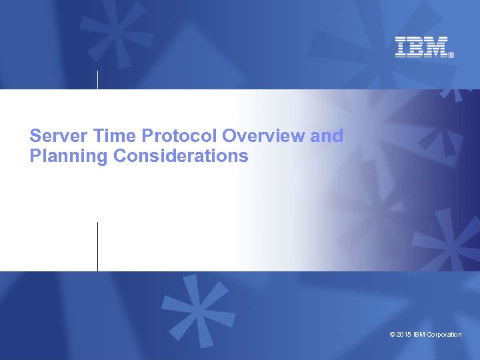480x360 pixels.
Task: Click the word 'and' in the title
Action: click(x=327, y=136)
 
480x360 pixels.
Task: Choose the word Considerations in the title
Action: click(x=181, y=157)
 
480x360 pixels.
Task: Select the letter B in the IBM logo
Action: click(x=416, y=47)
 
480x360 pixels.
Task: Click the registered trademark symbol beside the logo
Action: click(x=451, y=55)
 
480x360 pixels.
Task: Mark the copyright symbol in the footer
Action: click(x=392, y=334)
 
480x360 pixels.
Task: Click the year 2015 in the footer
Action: click(x=404, y=334)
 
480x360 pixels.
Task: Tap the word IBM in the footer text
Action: click(x=419, y=334)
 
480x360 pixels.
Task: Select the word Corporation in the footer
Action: click(x=445, y=334)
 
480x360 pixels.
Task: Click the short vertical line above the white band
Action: click(x=98, y=79)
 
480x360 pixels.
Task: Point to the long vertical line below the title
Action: click(x=98, y=246)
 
